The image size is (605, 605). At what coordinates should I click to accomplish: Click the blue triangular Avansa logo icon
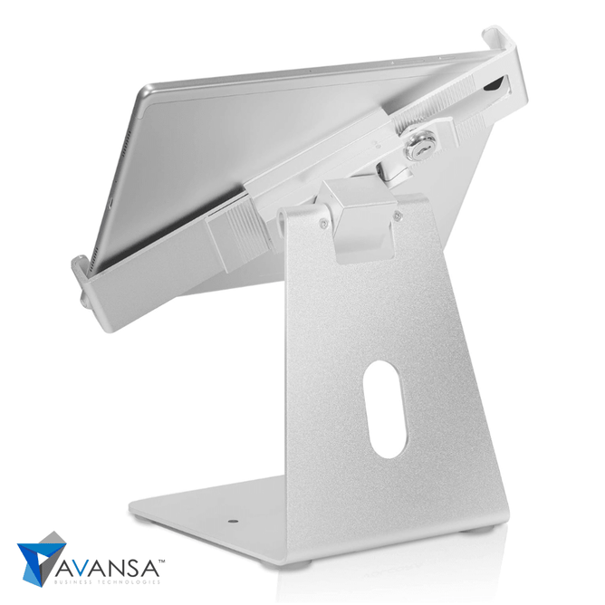[x=42, y=559]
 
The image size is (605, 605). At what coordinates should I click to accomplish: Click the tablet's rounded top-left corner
[x=149, y=91]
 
